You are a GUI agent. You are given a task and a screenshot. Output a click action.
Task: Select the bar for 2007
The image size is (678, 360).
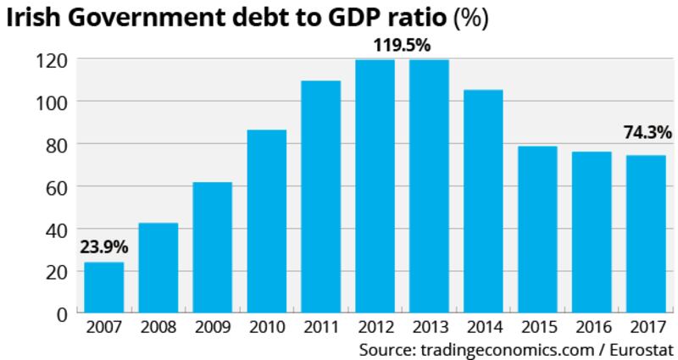coord(103,288)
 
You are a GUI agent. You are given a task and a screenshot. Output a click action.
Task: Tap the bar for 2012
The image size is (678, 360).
coord(375,186)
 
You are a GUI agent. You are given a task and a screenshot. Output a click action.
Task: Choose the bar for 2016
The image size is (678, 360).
coord(591,232)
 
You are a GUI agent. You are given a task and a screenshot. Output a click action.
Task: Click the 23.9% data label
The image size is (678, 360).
coord(103,247)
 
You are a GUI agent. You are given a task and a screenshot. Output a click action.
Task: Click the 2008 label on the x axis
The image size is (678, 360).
coord(158,329)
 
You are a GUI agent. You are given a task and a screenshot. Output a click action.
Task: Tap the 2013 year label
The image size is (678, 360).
coord(429,329)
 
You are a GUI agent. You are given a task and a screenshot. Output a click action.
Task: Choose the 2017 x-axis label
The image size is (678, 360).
coord(645,329)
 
